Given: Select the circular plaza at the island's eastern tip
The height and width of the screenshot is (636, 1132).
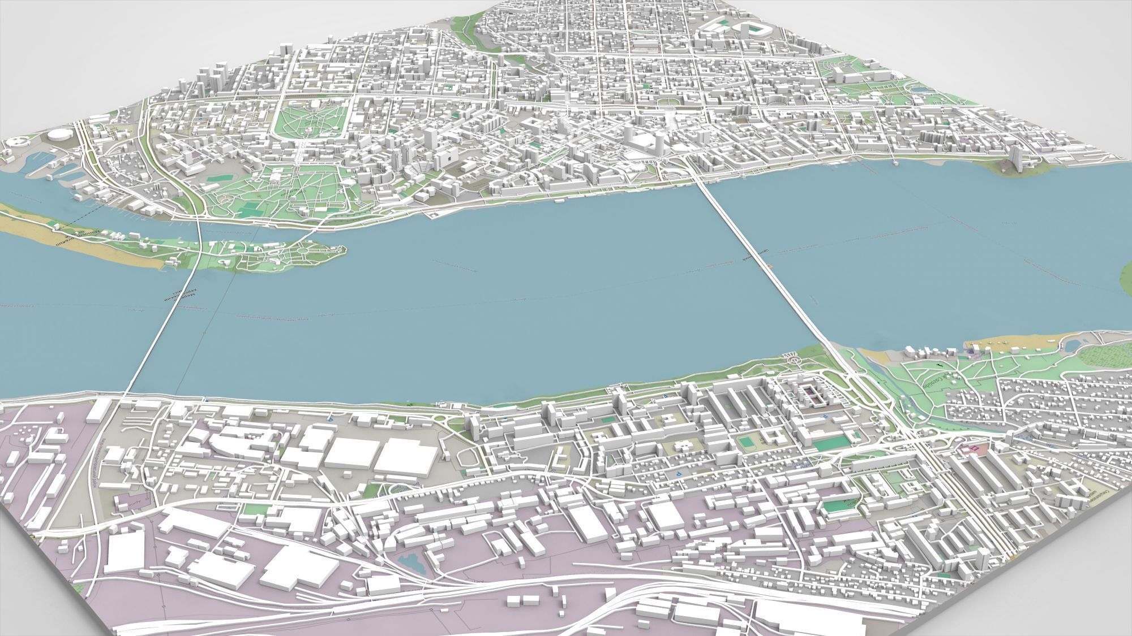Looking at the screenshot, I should coord(306,249).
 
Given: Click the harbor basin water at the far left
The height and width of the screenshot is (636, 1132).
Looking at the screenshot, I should coord(31,161).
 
